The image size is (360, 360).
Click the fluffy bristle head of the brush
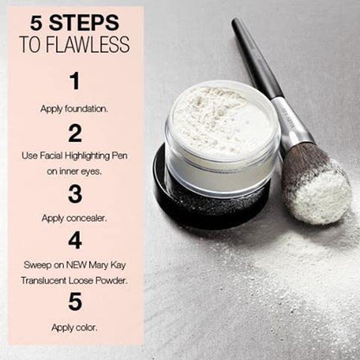[x=317, y=186]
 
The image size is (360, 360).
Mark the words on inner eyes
[x=74, y=171]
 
